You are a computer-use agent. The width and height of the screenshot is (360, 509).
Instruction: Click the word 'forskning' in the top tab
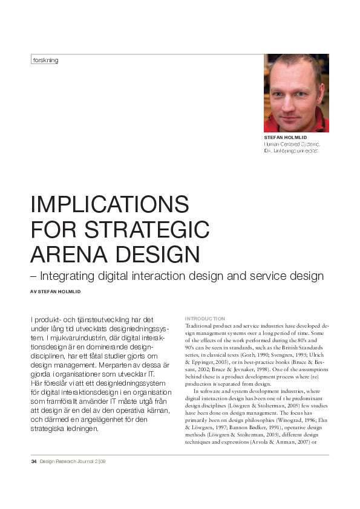[x=45, y=60]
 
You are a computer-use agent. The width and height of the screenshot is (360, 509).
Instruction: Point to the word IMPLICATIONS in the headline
[x=110, y=204]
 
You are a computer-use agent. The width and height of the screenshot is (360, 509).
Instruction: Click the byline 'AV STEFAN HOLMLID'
[x=55, y=291]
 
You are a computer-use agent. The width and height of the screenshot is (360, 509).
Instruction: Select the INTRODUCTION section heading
[x=205, y=319]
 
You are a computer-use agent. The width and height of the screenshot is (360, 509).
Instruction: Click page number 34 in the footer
[x=34, y=462]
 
